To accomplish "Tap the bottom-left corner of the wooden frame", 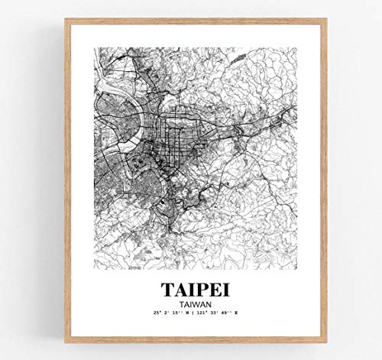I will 66,340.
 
